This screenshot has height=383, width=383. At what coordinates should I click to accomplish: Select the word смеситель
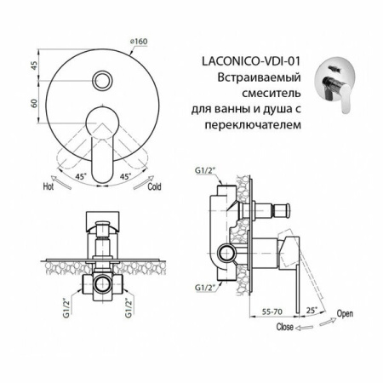[264, 94]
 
